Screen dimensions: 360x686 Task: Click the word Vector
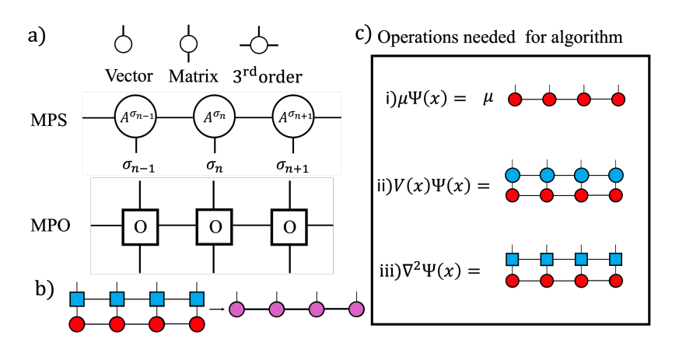(129, 76)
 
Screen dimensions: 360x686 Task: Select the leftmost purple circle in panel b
(236, 310)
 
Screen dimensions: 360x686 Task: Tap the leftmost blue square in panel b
(77, 299)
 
